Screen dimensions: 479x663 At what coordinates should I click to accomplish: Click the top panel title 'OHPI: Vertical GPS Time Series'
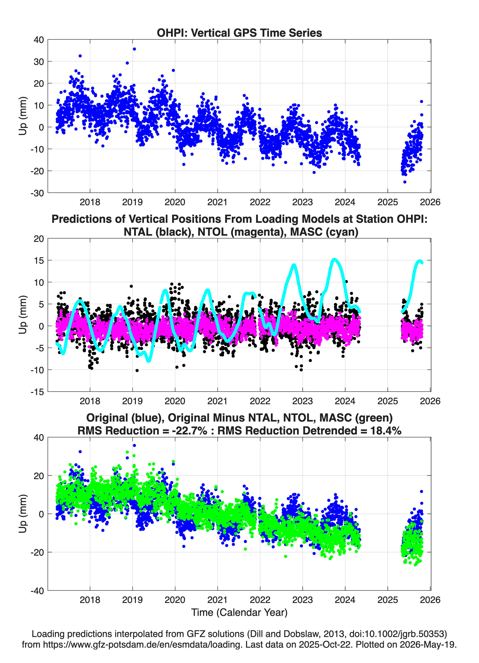click(x=239, y=33)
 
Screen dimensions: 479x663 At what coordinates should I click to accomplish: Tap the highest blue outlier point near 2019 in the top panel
click(x=134, y=49)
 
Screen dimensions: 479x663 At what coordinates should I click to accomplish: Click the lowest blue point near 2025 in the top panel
click(x=405, y=182)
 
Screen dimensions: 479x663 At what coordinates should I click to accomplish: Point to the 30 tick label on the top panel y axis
click(x=39, y=62)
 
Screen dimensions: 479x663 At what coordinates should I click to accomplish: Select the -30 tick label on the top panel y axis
click(x=37, y=193)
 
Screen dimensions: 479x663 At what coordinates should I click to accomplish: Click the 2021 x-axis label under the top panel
click(x=217, y=202)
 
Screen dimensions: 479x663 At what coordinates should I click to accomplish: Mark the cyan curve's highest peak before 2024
click(x=334, y=259)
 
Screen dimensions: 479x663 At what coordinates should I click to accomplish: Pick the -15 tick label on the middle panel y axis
click(x=37, y=392)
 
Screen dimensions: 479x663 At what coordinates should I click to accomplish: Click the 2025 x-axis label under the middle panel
click(x=387, y=401)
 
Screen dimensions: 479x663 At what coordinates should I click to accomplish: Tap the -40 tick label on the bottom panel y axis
click(x=37, y=591)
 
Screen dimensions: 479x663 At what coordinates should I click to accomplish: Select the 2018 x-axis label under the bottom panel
click(x=90, y=600)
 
